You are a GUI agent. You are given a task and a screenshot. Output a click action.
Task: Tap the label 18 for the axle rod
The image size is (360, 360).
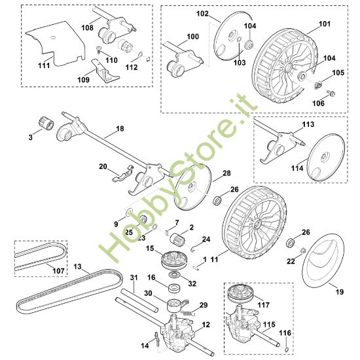click(x=120, y=128)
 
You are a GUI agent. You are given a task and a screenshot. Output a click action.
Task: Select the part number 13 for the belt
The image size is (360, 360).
click(x=77, y=267)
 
